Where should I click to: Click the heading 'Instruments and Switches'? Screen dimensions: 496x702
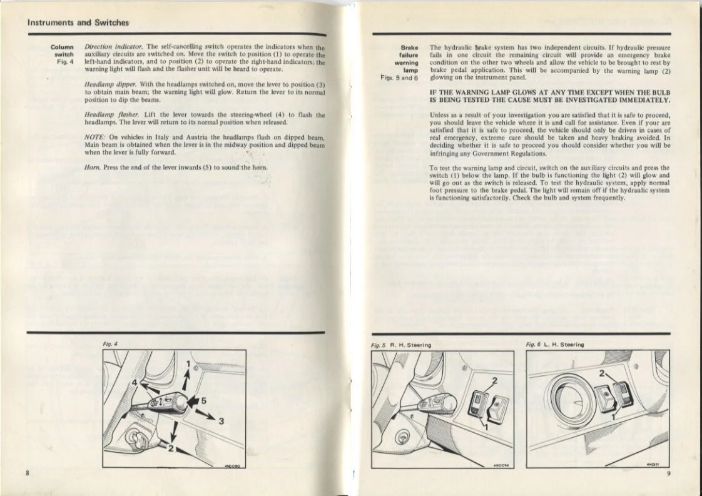click(x=78, y=23)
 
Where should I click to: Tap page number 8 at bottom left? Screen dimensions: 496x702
click(x=28, y=472)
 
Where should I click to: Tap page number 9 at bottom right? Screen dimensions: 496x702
click(x=668, y=473)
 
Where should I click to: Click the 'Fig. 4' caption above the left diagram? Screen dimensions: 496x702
click(x=110, y=344)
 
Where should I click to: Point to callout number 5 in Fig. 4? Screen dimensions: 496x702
click(x=203, y=400)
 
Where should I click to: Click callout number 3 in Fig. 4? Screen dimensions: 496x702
click(x=220, y=421)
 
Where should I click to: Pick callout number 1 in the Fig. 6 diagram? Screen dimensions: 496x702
click(x=614, y=415)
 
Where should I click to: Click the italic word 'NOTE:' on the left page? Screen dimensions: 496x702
click(x=94, y=137)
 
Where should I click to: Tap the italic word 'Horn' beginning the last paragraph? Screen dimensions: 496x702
click(x=91, y=168)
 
